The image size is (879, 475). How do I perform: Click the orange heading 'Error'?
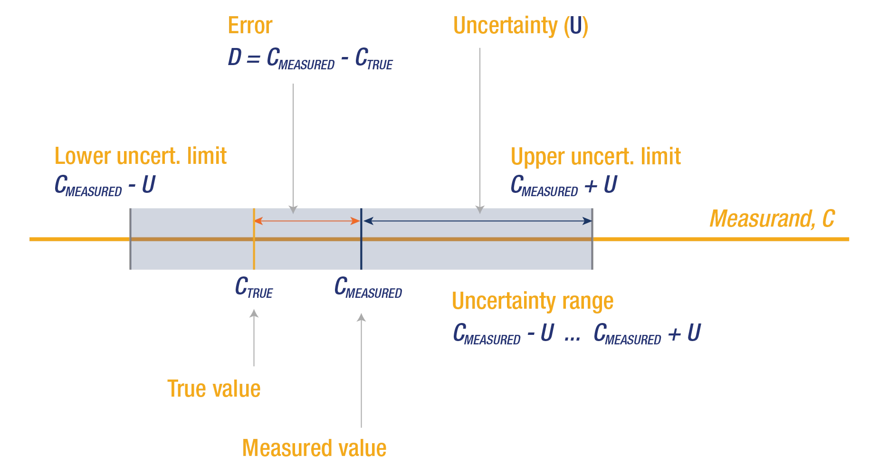(x=250, y=26)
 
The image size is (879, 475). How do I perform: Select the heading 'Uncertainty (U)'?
(x=520, y=26)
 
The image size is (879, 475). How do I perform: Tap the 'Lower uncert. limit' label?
(x=140, y=156)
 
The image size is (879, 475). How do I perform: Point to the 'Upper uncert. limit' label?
(x=596, y=156)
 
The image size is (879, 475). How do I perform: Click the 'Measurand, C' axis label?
(x=772, y=219)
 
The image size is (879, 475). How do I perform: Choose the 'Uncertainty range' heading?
(x=533, y=301)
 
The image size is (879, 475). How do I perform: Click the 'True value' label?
(x=214, y=389)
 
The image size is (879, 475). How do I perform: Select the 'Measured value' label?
(x=315, y=448)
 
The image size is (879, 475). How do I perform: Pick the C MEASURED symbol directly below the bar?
(x=368, y=288)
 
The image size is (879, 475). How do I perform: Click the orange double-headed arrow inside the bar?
(x=307, y=221)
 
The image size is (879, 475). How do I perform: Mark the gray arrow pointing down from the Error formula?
(x=295, y=147)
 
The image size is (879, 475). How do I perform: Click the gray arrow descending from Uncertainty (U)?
(x=481, y=128)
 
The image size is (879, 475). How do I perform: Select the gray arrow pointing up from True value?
(x=253, y=340)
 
